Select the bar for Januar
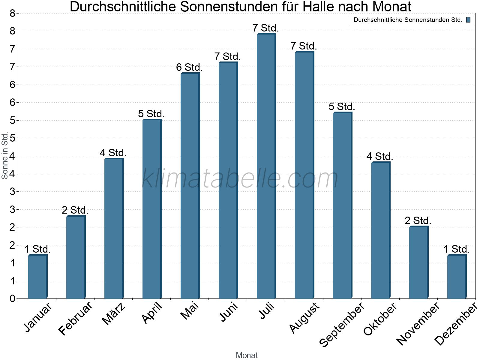[37, 277]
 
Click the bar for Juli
[266, 166]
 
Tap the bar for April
[152, 209]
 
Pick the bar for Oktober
[380, 230]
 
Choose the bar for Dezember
[457, 277]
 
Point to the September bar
[342, 205]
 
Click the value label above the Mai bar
[189, 67]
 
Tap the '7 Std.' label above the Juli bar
[266, 28]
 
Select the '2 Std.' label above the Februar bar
[75, 210]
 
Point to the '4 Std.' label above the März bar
[113, 153]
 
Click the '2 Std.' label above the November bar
[418, 221]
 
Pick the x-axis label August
[304, 317]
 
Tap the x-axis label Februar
[75, 319]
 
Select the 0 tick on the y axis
[12, 298]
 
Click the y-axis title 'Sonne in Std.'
[5, 155]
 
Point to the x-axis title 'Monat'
[247, 355]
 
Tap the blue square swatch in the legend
[468, 20]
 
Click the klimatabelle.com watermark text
[240, 179]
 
